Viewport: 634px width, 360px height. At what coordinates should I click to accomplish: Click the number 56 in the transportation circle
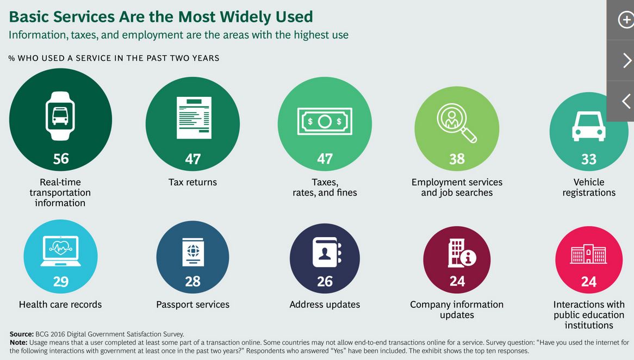tap(61, 158)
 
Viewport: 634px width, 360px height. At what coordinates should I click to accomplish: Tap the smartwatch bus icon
tap(60, 116)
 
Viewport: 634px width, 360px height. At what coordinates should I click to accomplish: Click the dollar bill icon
tap(325, 121)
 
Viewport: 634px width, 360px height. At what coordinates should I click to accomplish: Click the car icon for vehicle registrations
tap(588, 126)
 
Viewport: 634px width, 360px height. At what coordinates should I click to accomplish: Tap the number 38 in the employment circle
tap(457, 159)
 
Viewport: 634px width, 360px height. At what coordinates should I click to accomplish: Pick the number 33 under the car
tap(589, 159)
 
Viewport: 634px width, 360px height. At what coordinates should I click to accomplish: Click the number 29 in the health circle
tap(61, 282)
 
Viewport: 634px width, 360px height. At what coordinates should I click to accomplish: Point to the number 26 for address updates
tap(325, 282)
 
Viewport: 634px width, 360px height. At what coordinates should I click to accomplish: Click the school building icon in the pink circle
tap(588, 253)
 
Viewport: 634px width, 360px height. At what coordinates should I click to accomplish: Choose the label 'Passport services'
tap(193, 305)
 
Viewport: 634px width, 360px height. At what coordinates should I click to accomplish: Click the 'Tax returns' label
tap(192, 182)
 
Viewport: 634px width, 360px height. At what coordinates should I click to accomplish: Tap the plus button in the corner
tap(625, 20)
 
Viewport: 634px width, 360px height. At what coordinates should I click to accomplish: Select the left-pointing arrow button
tap(626, 101)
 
